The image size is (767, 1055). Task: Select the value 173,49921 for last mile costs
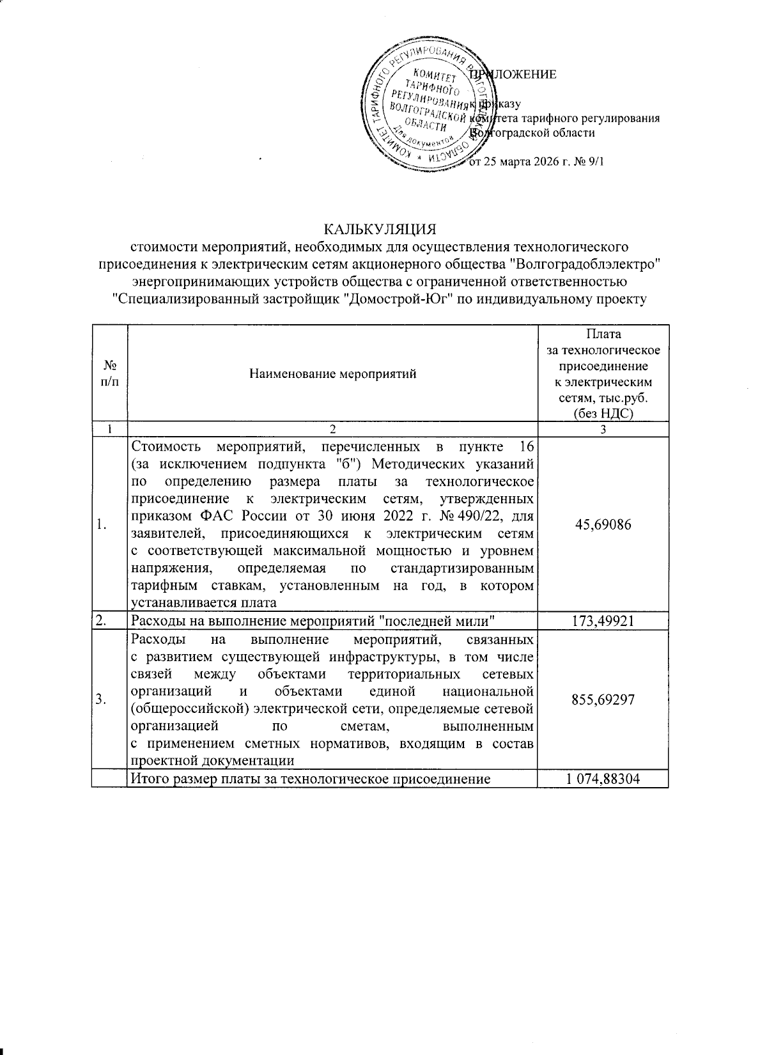(603, 621)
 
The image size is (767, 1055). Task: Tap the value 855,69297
(603, 699)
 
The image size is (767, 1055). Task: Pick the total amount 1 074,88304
(603, 779)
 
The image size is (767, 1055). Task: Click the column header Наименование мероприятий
(332, 374)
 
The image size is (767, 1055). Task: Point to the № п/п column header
(109, 374)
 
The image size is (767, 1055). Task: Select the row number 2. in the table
(101, 621)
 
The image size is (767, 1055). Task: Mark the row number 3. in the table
(101, 699)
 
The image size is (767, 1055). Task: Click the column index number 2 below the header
(332, 430)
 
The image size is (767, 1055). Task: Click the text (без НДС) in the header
(603, 414)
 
